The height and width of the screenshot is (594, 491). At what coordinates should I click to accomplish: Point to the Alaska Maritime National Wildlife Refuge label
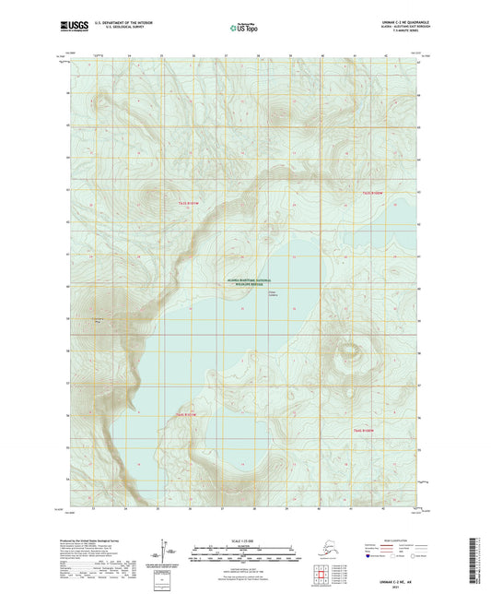pyautogui.click(x=245, y=283)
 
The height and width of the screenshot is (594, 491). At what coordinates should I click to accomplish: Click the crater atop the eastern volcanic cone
pyautogui.click(x=350, y=351)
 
